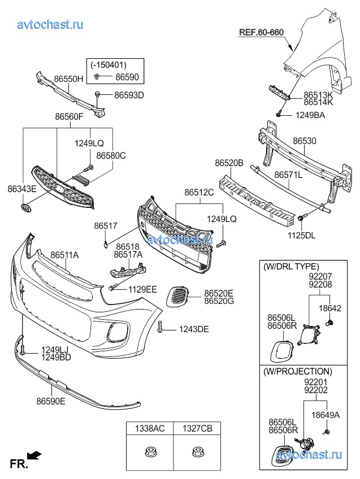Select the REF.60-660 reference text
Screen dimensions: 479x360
click(261, 32)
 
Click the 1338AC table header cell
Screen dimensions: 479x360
click(149, 429)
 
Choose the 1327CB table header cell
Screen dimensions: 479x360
click(197, 429)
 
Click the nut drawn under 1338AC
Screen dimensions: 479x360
click(149, 452)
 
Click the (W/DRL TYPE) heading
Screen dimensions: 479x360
click(290, 267)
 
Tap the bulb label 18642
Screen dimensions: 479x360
click(331, 308)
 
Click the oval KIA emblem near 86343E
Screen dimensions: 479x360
click(26, 209)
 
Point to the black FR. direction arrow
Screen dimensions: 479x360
click(34, 455)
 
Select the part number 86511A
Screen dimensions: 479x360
click(64, 255)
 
